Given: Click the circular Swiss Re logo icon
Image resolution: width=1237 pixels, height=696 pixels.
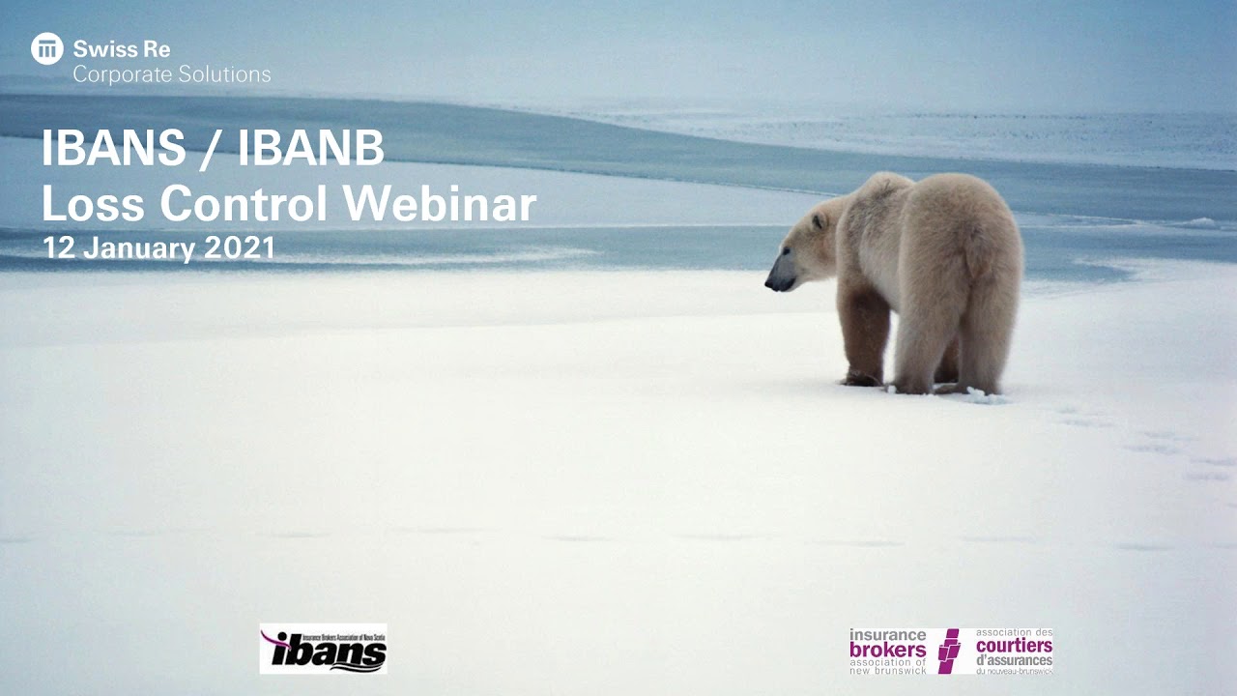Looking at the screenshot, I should (x=46, y=48).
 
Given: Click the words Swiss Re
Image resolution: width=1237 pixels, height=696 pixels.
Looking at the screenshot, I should (x=122, y=49).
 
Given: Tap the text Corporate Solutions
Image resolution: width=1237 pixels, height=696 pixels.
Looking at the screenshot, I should (x=172, y=73).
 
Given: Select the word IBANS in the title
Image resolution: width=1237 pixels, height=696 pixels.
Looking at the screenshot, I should (x=113, y=148).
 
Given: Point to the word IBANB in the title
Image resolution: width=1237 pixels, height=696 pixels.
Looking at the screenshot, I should (x=311, y=148).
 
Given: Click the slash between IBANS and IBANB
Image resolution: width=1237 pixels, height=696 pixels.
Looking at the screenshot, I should (x=212, y=148).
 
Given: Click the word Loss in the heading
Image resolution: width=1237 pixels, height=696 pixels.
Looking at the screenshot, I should (x=93, y=203).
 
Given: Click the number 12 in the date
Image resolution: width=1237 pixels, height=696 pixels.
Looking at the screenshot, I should (x=58, y=247).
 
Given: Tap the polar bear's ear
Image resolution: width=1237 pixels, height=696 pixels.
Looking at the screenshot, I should (x=820, y=221).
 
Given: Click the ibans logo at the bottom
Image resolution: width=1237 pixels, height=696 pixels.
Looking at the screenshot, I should (x=323, y=649).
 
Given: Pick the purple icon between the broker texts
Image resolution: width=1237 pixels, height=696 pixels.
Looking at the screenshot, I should (x=949, y=651).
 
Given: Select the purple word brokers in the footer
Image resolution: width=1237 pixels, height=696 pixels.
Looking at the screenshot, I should (x=887, y=650).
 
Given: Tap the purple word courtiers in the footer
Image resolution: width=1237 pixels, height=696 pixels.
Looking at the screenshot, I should (x=1013, y=646).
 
